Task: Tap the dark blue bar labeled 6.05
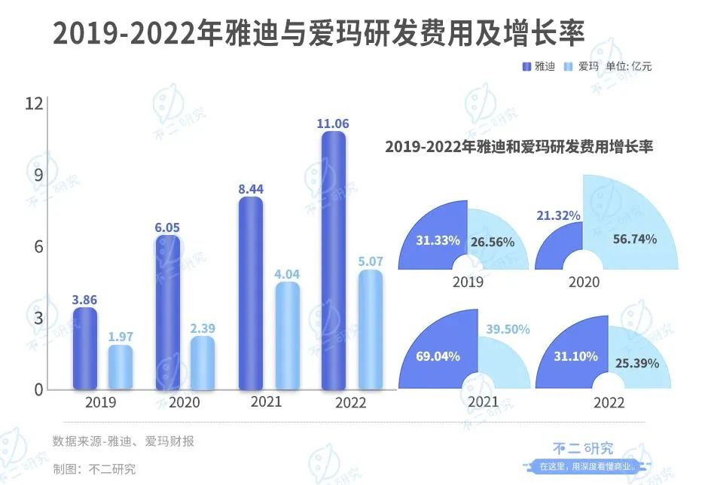click(x=167, y=313)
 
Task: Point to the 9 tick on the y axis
click(x=35, y=175)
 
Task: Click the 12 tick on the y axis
click(x=32, y=104)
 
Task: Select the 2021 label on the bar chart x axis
click(x=267, y=402)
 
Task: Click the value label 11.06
click(x=334, y=123)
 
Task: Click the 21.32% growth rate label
click(x=558, y=216)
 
